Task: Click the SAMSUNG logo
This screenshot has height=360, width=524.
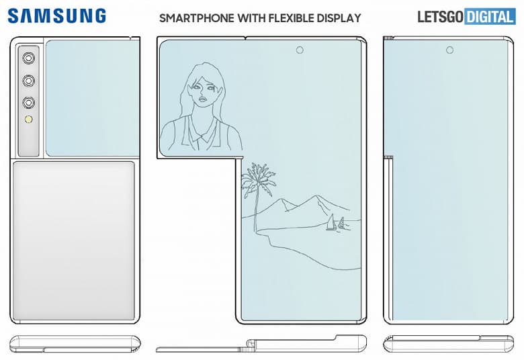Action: click(x=57, y=16)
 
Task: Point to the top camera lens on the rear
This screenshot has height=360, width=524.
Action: click(x=30, y=58)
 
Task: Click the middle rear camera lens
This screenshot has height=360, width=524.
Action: click(x=30, y=81)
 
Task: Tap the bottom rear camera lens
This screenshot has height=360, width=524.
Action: click(x=30, y=103)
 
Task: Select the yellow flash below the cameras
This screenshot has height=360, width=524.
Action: click(x=30, y=121)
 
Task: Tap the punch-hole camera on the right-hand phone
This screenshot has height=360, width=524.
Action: click(x=449, y=50)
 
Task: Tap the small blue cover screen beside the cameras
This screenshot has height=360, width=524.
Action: click(x=91, y=98)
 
